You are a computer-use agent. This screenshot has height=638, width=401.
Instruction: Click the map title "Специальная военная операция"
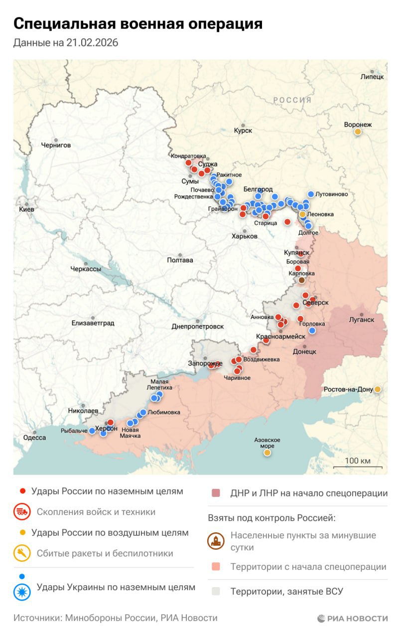tap(137, 23)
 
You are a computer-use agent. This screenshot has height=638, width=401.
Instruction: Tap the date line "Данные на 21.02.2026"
tap(66, 43)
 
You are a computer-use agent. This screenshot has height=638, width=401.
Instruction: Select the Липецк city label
tap(372, 77)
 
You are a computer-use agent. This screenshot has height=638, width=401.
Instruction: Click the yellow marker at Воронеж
tap(358, 132)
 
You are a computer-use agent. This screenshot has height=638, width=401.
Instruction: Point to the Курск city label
tap(243, 131)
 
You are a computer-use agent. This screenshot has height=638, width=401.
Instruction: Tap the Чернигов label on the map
tap(56, 145)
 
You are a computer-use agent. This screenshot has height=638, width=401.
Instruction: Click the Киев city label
tap(26, 210)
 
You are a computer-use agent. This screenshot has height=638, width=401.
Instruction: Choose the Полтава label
tap(180, 260)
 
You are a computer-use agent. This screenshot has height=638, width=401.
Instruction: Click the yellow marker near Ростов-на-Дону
tap(378, 389)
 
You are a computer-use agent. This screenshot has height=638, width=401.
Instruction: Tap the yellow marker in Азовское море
tap(267, 453)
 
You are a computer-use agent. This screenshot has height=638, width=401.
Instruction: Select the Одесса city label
tap(34, 438)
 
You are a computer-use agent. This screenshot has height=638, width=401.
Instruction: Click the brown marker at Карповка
tap(301, 280)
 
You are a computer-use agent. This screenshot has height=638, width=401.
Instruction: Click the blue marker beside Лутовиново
tap(311, 194)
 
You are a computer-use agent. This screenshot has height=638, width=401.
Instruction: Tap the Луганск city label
tap(362, 319)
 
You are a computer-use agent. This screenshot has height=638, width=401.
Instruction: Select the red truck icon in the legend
tap(21, 512)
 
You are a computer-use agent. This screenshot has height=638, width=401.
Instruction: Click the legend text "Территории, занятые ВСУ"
tap(286, 592)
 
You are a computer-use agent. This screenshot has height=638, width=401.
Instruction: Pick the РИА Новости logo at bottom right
tap(352, 619)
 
